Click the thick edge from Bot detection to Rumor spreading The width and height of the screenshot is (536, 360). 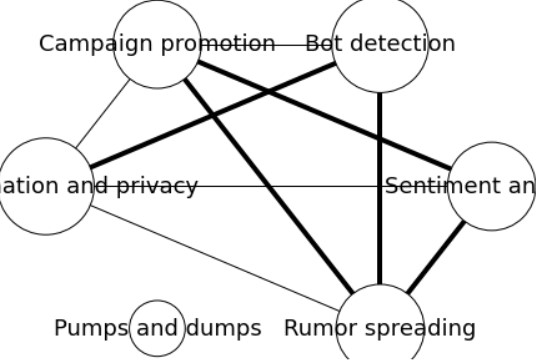pos(380,200)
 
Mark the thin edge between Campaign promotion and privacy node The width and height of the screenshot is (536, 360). pos(103,115)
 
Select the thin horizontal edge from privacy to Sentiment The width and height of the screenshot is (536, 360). pos(290,186)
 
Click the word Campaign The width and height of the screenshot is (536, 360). pos(85,44)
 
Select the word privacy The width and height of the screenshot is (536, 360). pos(163,187)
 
